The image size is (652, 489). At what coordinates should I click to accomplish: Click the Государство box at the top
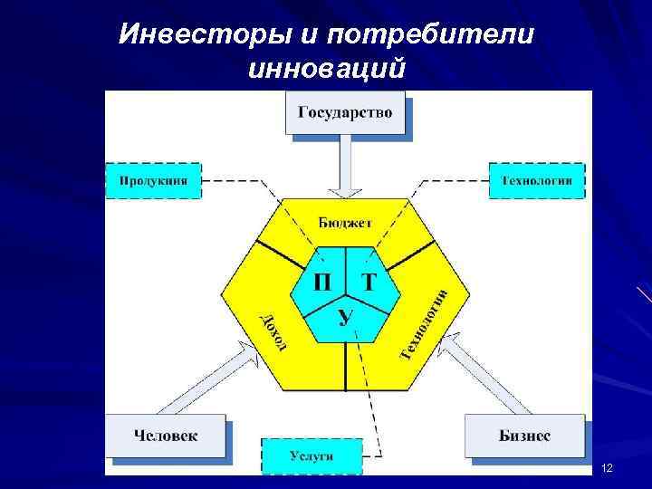coord(345,113)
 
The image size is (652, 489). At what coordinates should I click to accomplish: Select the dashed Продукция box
coord(153,180)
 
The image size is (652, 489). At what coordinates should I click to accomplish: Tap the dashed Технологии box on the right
coord(536,180)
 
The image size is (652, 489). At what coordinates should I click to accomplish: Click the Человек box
coord(166,436)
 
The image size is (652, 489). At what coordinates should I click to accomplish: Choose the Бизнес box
coord(524,436)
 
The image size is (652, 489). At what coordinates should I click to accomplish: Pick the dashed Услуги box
coord(312,455)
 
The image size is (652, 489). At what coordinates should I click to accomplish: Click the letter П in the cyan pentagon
coord(322,281)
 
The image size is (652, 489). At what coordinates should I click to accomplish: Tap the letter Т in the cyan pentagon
coord(369,281)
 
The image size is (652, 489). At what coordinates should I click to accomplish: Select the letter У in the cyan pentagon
coord(345,316)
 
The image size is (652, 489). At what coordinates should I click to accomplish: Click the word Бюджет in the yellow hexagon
coord(345,222)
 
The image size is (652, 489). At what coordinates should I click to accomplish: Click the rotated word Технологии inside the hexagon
coord(424,321)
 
